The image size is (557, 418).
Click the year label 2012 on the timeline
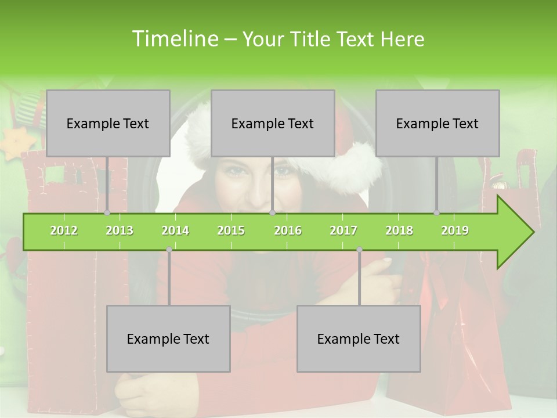(x=64, y=230)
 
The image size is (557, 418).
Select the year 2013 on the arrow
(x=120, y=230)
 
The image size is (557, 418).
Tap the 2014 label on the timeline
(x=175, y=230)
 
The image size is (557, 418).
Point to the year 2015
(x=231, y=230)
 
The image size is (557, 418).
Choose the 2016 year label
(x=288, y=230)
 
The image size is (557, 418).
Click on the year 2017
(x=343, y=230)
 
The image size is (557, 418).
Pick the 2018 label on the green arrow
(x=399, y=230)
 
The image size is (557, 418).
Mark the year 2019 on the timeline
(x=455, y=230)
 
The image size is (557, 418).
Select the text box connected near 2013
(x=108, y=123)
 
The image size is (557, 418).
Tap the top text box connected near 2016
(x=273, y=123)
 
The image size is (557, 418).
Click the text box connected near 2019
(x=437, y=123)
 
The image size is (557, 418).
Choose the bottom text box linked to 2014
(x=168, y=338)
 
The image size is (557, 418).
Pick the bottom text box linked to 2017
(x=359, y=338)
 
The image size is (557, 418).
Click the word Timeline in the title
(x=175, y=39)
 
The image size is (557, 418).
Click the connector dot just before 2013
(x=107, y=213)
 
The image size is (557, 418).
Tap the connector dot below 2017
(x=359, y=250)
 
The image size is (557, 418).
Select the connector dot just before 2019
(x=436, y=213)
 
